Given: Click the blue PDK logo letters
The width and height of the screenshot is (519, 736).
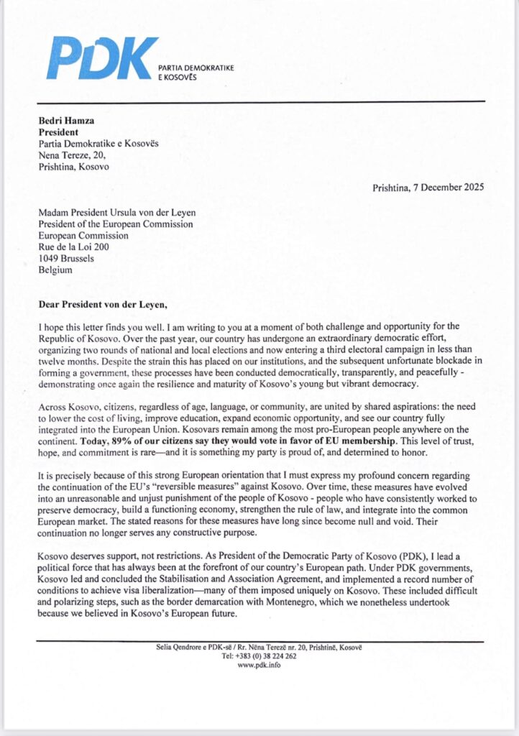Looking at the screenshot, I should click(101, 58).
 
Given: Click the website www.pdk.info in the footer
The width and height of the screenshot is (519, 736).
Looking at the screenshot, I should click(259, 666).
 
